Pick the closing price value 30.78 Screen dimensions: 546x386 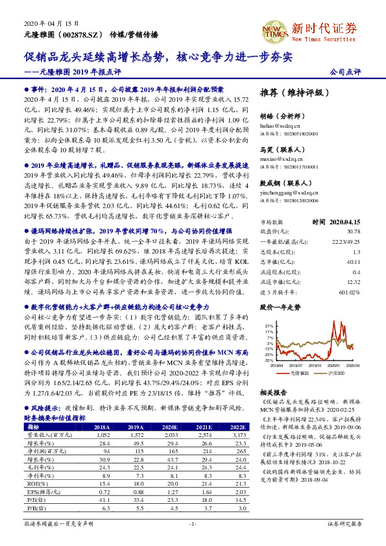353,231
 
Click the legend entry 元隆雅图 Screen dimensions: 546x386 297,375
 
